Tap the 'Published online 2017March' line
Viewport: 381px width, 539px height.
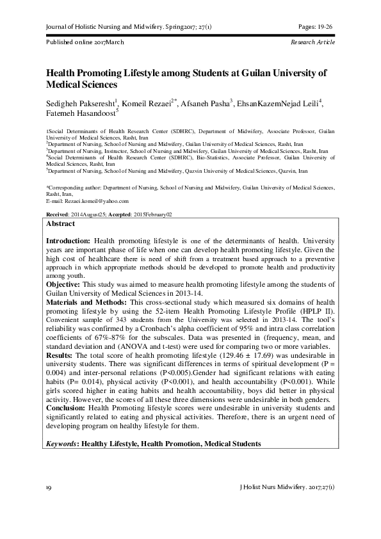[x=85, y=42]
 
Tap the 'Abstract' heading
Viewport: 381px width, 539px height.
[x=61, y=224]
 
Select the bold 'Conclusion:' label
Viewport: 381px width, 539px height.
[x=67, y=407]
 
